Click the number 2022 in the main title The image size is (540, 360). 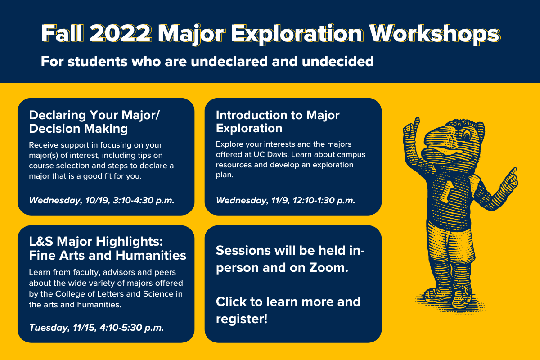tap(121, 33)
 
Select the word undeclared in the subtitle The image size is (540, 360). tap(229, 62)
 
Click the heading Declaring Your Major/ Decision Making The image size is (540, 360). tap(94, 121)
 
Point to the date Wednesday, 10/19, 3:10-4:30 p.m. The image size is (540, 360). tap(102, 200)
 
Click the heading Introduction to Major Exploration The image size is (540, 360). tap(278, 121)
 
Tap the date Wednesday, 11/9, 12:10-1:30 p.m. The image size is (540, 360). tap(285, 200)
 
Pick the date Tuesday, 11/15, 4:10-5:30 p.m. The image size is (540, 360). tap(96, 328)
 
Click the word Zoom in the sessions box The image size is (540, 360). tap(328, 268)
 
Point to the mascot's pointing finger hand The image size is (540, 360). tap(509, 180)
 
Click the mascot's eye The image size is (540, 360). tap(467, 135)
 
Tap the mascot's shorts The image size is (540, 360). tap(450, 245)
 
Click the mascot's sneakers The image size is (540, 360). tap(448, 296)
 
